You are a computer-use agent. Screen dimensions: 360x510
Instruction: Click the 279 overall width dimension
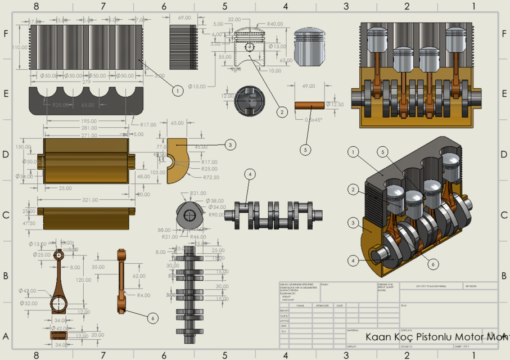tap(85, 82)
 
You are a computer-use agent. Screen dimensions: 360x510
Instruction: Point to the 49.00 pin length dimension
tap(309, 87)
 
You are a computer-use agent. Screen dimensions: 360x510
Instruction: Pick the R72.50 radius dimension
tap(211, 177)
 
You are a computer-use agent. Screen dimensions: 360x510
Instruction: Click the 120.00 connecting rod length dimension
tap(84, 280)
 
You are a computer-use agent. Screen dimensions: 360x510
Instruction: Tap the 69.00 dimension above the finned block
tap(184, 18)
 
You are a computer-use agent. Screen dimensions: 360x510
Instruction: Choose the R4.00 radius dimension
tap(143, 295)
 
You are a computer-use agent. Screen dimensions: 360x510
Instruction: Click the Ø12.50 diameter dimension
tap(335, 105)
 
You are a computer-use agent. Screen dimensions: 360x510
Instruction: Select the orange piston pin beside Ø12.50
tap(310, 105)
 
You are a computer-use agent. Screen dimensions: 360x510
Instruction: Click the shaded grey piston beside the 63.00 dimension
tap(311, 46)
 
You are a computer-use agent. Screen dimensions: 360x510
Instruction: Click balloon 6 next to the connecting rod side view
tap(152, 318)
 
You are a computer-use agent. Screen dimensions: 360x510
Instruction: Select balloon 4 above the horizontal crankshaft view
tap(250, 174)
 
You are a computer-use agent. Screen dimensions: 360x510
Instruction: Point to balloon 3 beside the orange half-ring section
tap(230, 145)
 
